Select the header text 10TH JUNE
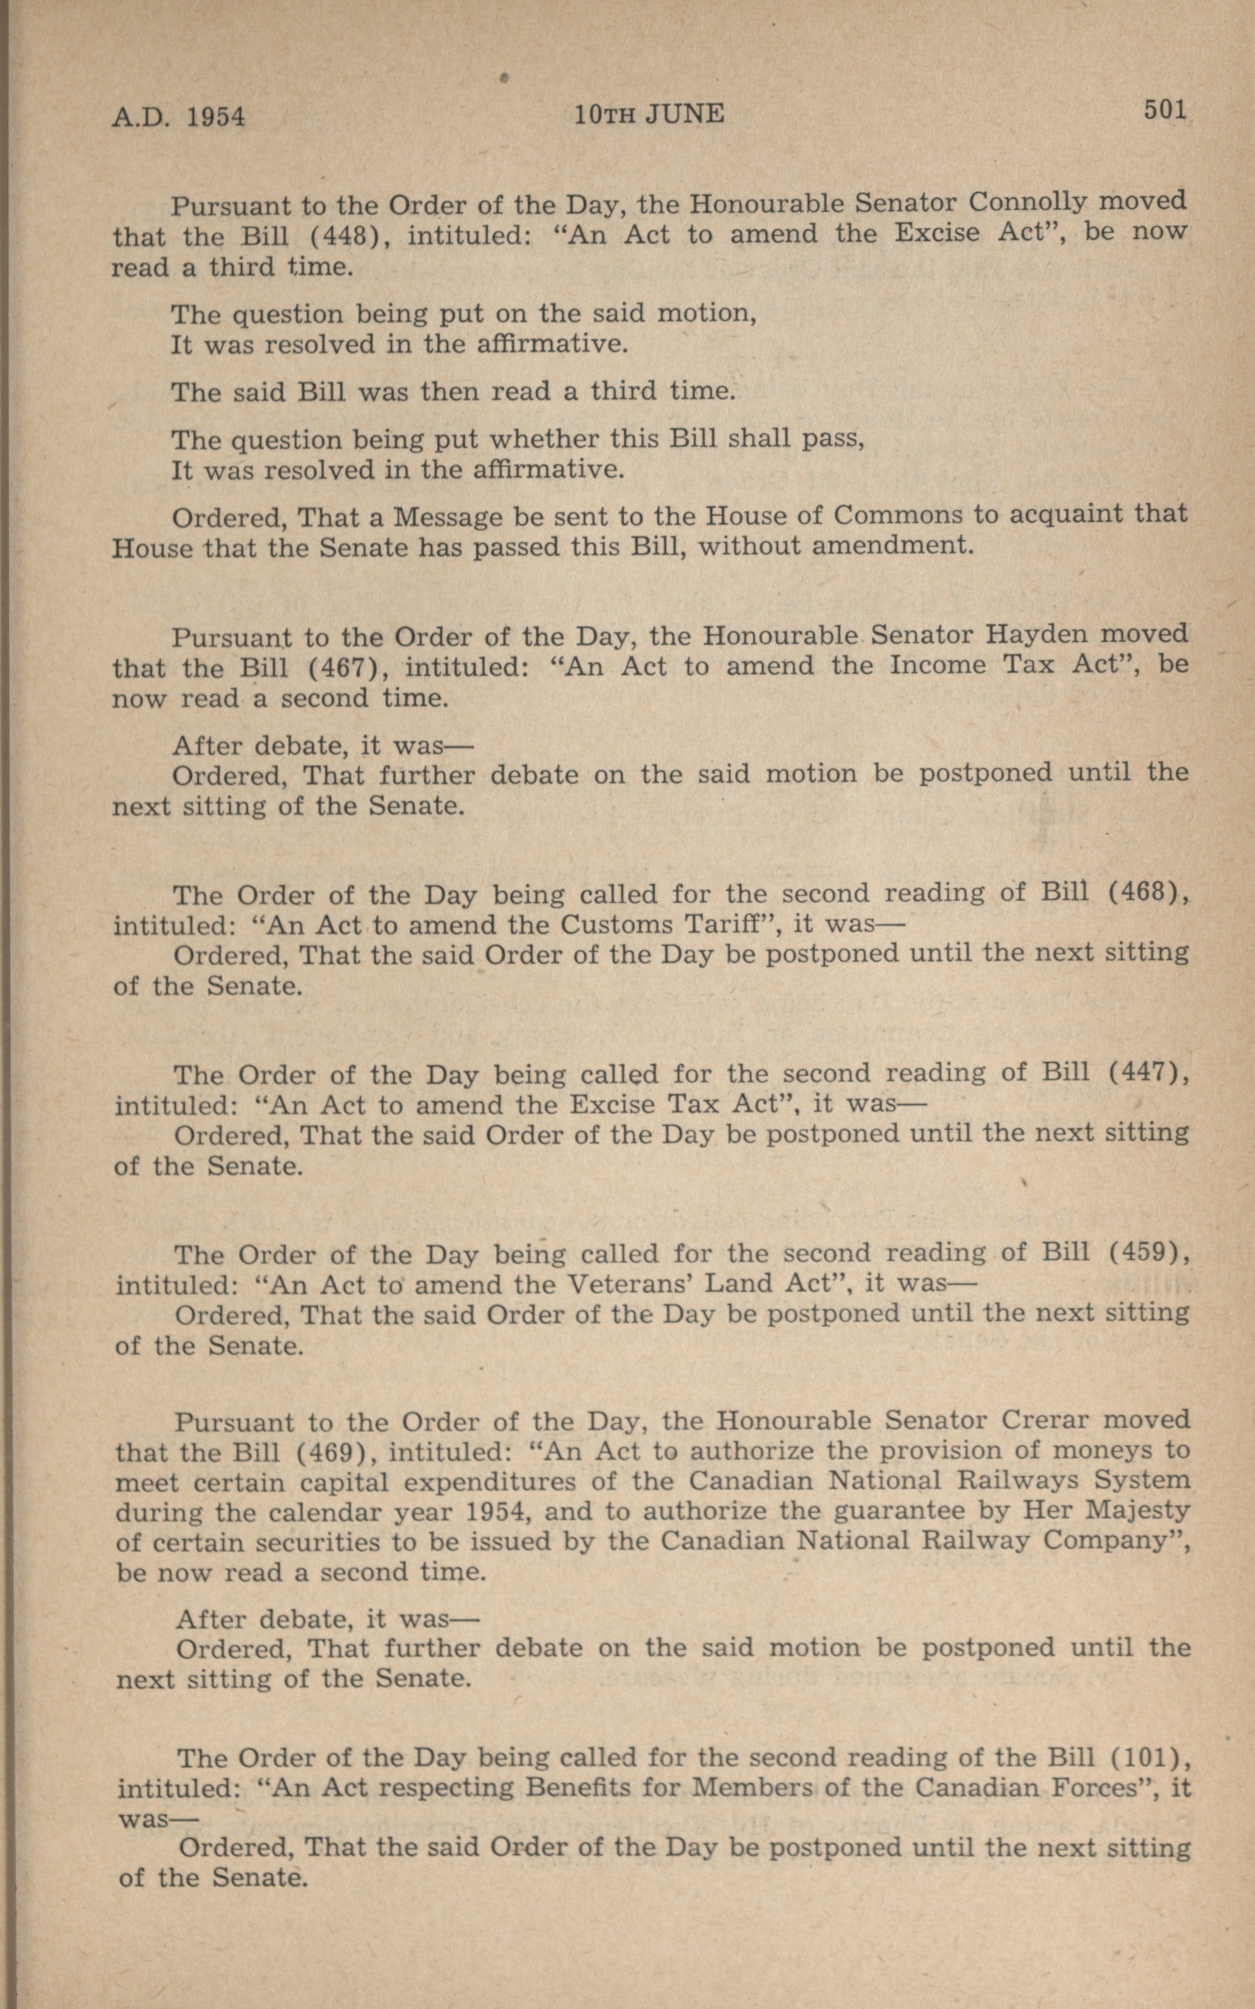pos(649,114)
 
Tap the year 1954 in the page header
pos(215,117)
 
